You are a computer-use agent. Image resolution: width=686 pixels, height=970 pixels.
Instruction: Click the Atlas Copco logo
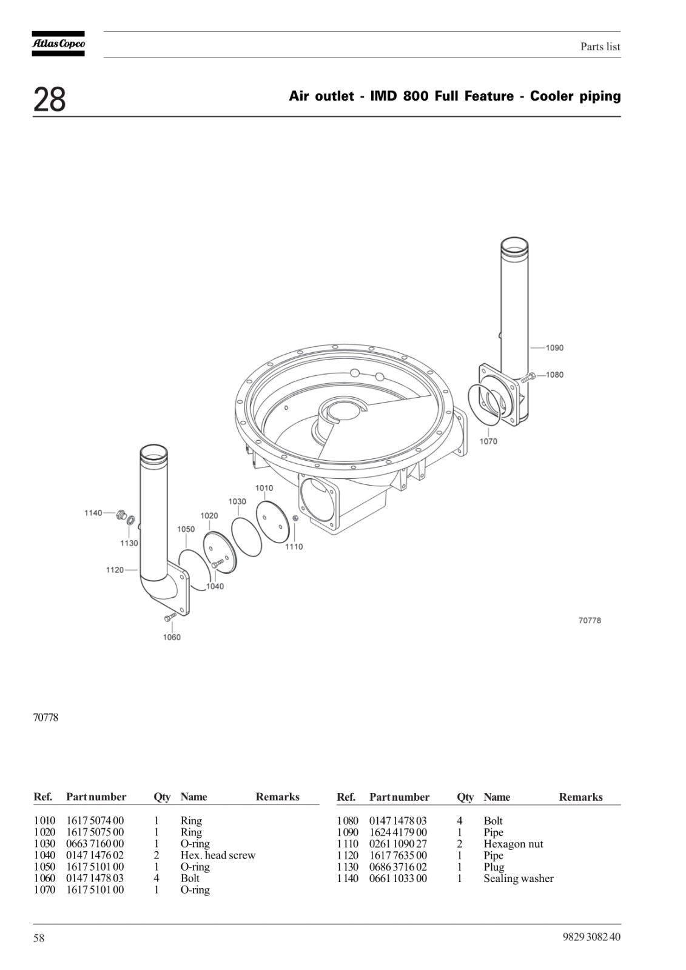58,44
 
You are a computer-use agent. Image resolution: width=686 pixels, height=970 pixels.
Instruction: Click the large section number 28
49,99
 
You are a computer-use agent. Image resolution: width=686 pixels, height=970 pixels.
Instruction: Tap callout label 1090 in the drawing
554,348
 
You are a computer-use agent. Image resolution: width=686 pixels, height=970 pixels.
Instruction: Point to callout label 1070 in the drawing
488,441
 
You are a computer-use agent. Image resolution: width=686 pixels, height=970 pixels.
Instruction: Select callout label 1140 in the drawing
93,513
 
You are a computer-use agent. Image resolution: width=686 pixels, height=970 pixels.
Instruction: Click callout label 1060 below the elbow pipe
172,637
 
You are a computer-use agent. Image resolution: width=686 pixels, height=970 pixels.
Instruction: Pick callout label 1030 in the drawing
237,501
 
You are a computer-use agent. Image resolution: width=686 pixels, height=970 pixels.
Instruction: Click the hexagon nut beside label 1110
295,518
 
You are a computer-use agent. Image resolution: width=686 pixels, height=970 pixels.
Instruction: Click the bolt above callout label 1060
170,617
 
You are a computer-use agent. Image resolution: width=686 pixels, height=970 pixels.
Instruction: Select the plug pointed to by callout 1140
120,515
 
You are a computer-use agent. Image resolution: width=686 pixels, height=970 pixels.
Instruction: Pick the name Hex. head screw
218,855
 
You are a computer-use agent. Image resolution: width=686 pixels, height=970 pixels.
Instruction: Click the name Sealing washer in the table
519,878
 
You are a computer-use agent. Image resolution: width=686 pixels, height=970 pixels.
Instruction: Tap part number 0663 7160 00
95,843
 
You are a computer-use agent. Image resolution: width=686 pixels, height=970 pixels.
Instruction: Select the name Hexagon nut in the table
513,844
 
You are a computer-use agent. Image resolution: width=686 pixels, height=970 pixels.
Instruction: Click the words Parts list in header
600,47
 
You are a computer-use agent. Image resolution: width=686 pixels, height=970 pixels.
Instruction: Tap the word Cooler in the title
553,96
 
